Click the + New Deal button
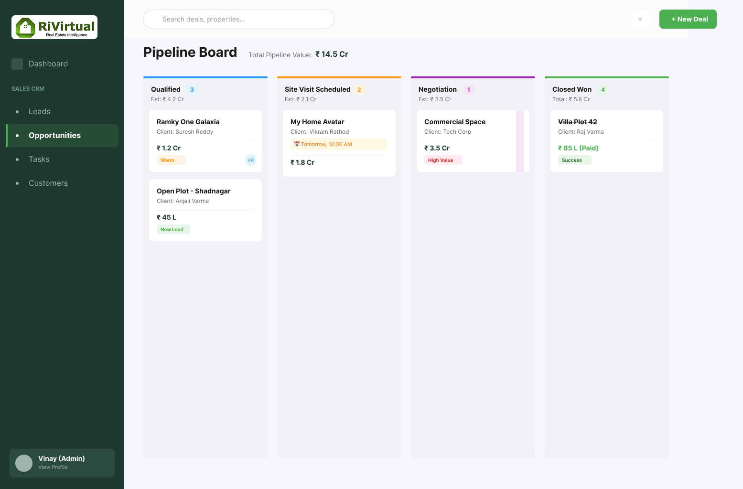point(688,19)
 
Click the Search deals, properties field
point(238,19)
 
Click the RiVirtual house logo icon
point(25,27)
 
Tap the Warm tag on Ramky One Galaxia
point(171,160)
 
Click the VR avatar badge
point(251,160)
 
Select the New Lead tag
point(173,229)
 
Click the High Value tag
point(443,160)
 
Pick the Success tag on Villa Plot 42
point(574,160)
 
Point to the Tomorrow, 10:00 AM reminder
point(338,144)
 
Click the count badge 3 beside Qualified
point(192,89)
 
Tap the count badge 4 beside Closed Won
point(603,89)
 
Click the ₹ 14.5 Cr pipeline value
point(332,54)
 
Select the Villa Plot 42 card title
point(578,122)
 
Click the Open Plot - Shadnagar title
point(194,191)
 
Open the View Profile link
point(53,467)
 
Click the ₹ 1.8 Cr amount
point(302,162)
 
